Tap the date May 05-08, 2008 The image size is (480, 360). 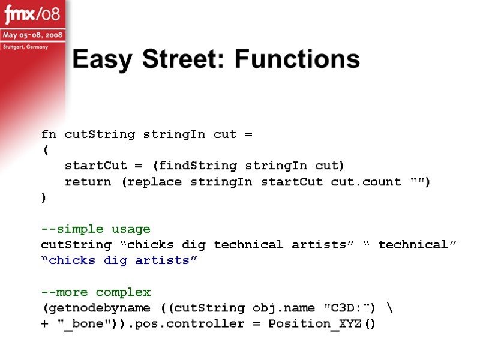coord(34,35)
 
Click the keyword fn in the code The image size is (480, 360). coord(49,134)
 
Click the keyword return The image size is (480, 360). coord(88,181)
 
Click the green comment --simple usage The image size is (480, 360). coord(95,229)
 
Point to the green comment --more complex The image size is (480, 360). coord(95,293)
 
